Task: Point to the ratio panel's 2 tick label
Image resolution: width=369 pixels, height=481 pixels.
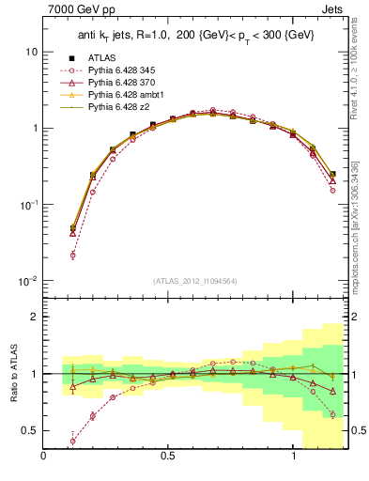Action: (x=35, y=317)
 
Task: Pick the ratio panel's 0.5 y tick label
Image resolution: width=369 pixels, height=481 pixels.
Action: (x=30, y=430)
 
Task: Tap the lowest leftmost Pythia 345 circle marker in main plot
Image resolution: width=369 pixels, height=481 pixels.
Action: (x=73, y=255)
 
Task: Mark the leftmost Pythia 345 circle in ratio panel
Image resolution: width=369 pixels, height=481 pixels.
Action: (x=73, y=441)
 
